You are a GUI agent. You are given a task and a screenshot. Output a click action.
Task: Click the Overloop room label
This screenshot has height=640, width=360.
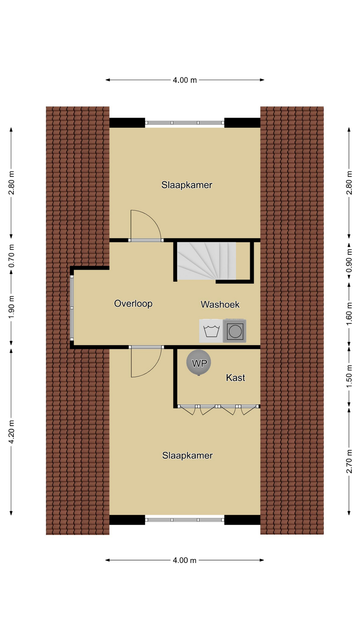coord(133,304)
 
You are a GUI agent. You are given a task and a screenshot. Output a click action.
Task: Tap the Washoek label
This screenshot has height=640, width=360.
coord(220,304)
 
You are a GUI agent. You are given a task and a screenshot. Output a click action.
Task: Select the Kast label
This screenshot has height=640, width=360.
coord(235,378)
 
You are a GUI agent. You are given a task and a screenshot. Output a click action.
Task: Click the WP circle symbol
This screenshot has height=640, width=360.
coord(199,363)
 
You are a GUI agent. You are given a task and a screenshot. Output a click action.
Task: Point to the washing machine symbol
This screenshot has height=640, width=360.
coord(211,331)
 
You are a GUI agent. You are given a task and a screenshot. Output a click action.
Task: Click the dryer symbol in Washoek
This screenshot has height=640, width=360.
coord(235,331)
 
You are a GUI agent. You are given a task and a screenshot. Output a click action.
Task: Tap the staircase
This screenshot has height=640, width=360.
coord(206,261)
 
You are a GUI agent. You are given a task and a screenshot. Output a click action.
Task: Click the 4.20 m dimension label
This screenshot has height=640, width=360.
coord(11,432)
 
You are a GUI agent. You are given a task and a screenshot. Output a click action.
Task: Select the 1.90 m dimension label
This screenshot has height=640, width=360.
coord(11,307)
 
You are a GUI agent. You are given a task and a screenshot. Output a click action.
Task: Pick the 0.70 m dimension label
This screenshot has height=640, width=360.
coord(11,256)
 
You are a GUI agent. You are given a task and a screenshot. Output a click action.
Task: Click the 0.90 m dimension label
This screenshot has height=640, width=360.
coord(349,261)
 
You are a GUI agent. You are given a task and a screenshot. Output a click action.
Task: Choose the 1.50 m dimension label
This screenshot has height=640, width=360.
coord(349,376)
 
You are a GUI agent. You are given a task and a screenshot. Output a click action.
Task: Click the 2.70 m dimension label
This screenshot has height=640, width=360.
coord(349,461)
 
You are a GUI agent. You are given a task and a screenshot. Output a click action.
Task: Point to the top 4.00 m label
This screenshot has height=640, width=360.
coord(185,80)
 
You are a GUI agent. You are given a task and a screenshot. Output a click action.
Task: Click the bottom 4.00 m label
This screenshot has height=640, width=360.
coord(185,560)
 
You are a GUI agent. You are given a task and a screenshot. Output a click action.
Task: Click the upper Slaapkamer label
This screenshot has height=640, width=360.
coord(187,185)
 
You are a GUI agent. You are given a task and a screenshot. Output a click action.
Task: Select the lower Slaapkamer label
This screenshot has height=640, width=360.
coord(187,455)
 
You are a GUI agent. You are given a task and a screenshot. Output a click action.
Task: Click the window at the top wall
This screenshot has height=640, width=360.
coord(185,123)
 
